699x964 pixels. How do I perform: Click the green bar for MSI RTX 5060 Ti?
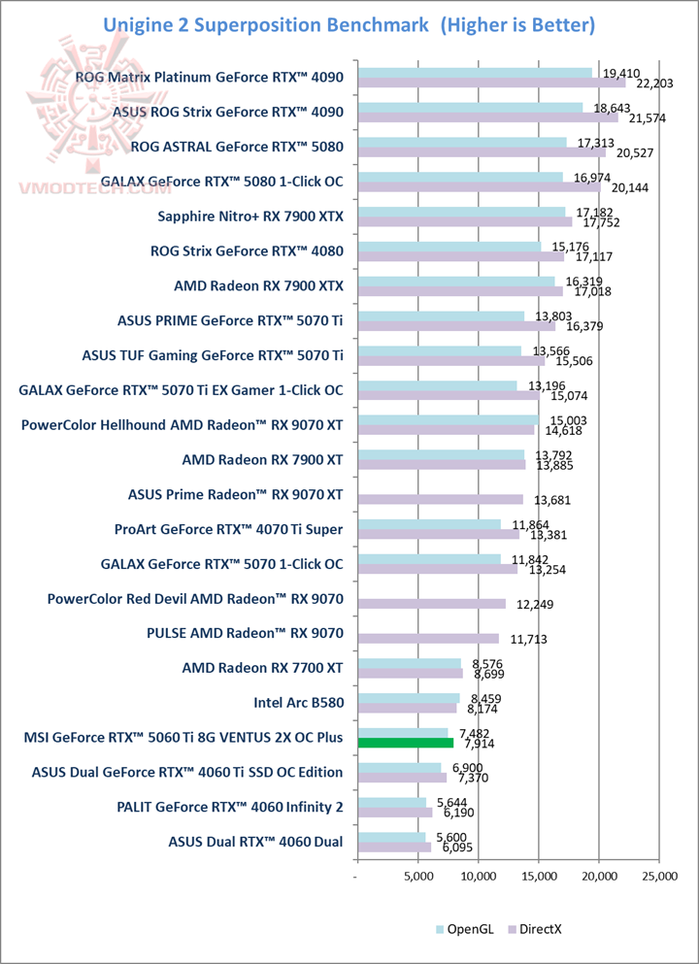[x=406, y=744]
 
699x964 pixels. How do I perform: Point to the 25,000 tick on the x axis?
[x=659, y=877]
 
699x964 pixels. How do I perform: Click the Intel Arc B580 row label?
[x=297, y=703]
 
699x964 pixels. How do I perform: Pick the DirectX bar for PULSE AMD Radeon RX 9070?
[x=428, y=639]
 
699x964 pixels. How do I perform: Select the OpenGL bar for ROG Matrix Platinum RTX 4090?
[x=475, y=73]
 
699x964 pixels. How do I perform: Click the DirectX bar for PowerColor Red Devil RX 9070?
[x=432, y=604]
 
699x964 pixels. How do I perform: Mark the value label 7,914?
[x=478, y=745]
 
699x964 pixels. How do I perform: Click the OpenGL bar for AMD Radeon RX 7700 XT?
[x=410, y=664]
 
